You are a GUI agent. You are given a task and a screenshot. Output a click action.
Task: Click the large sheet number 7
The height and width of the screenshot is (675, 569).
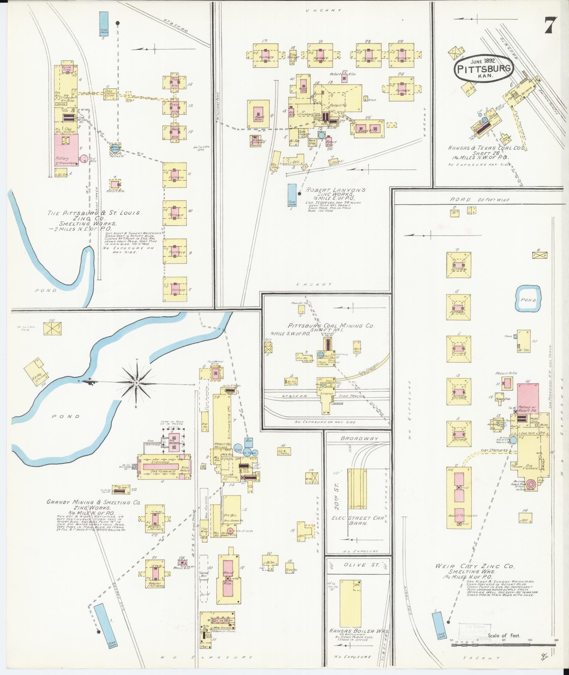[x=550, y=25]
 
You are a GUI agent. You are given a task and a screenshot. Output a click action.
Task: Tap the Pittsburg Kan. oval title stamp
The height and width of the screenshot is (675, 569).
[x=483, y=69]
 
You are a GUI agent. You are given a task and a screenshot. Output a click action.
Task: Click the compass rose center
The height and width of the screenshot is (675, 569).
[x=137, y=382]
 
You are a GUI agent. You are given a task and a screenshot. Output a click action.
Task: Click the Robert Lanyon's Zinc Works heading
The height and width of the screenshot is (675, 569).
[x=335, y=192]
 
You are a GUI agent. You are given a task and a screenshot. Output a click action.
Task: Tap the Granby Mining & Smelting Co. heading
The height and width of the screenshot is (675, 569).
[x=93, y=502]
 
